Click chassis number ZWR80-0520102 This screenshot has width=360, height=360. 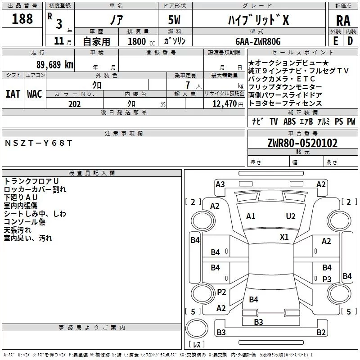302,143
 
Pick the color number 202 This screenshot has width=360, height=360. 74,104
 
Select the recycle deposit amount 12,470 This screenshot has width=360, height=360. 224,104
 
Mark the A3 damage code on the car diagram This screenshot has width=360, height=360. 220,184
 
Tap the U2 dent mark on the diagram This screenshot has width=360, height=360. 291,216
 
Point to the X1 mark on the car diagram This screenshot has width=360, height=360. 284,237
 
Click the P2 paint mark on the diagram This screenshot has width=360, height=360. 221,292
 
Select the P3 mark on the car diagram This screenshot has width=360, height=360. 327,279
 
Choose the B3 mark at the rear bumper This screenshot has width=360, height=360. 258,322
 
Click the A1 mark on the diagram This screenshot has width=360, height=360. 251,216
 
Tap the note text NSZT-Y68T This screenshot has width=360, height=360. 38,143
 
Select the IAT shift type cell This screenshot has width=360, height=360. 13,94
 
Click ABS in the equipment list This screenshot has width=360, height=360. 289,121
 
